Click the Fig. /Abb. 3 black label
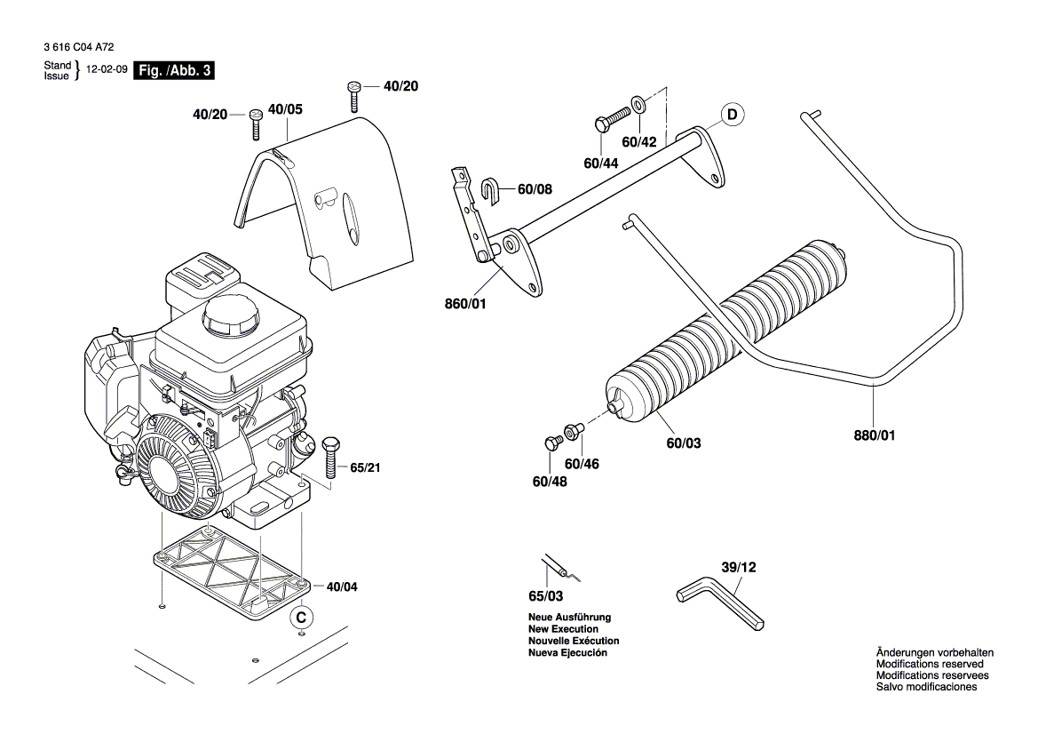coord(173,71)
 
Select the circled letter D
coord(733,115)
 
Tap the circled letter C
coord(302,616)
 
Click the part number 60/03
coord(683,442)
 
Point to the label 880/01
coord(875,435)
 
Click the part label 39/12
coord(739,567)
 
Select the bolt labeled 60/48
coord(550,443)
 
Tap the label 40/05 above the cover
coord(285,109)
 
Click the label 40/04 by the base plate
coord(344,587)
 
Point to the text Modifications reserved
coord(930,664)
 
